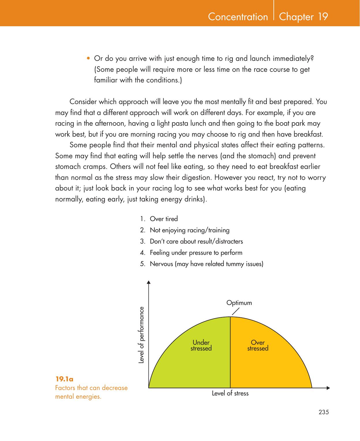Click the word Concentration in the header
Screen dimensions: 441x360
click(238, 17)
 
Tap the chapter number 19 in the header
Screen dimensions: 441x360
click(323, 17)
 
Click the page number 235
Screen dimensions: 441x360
click(324, 412)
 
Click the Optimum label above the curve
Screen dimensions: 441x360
click(239, 303)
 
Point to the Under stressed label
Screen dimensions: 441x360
click(201, 345)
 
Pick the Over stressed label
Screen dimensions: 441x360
click(258, 345)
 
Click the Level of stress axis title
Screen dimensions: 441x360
click(230, 393)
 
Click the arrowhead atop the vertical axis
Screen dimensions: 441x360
click(149, 282)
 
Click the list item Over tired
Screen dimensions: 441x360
click(164, 219)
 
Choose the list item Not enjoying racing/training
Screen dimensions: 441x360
click(190, 230)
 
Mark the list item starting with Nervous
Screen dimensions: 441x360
click(206, 264)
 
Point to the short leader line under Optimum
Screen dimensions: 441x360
click(236, 312)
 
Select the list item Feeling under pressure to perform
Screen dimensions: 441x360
click(196, 253)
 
